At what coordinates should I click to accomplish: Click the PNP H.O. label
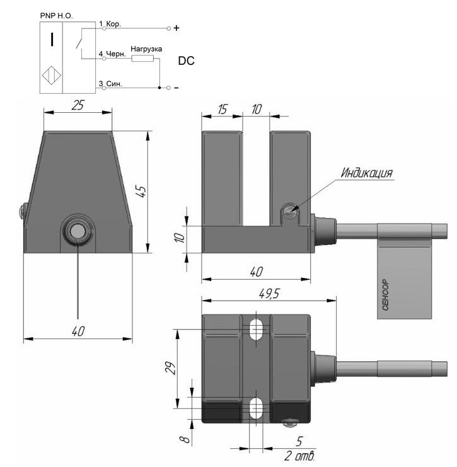pyautogui.click(x=56, y=16)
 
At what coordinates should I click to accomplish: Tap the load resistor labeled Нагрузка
pyautogui.click(x=142, y=59)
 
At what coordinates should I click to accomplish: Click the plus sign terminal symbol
pyautogui.click(x=176, y=28)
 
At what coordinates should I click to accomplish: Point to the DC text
pyautogui.click(x=186, y=61)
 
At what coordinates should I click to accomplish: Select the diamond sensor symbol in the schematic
pyautogui.click(x=52, y=75)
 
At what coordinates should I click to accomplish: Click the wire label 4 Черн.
pyautogui.click(x=112, y=54)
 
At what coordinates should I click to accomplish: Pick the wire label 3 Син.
pyautogui.click(x=110, y=84)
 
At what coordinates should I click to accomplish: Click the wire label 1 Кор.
pyautogui.click(x=110, y=24)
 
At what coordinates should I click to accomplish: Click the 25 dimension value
pyautogui.click(x=78, y=105)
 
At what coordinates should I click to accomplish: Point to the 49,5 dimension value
pyautogui.click(x=269, y=294)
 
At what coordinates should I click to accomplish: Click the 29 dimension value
pyautogui.click(x=171, y=368)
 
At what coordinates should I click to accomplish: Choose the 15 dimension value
pyautogui.click(x=222, y=109)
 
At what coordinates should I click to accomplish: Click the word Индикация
pyautogui.click(x=367, y=173)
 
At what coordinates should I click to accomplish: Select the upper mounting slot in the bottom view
pyautogui.click(x=256, y=330)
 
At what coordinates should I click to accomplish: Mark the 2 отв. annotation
pyautogui.click(x=299, y=456)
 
